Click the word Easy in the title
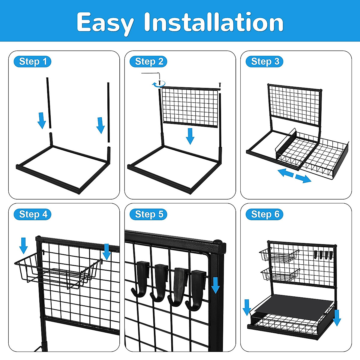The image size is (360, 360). click(x=105, y=22)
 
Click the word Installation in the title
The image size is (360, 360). click(x=214, y=22)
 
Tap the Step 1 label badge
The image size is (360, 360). click(x=33, y=61)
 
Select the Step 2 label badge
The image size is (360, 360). click(x=149, y=61)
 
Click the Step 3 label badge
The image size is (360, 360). click(x=265, y=61)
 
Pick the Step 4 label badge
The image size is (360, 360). click(x=33, y=214)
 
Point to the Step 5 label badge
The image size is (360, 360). click(x=149, y=214)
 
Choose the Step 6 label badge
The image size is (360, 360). click(x=265, y=214)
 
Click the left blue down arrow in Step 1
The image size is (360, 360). click(x=42, y=120)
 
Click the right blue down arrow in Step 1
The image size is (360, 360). click(x=100, y=125)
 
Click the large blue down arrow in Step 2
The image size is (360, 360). click(x=190, y=136)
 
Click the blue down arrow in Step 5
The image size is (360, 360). click(x=215, y=285)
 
